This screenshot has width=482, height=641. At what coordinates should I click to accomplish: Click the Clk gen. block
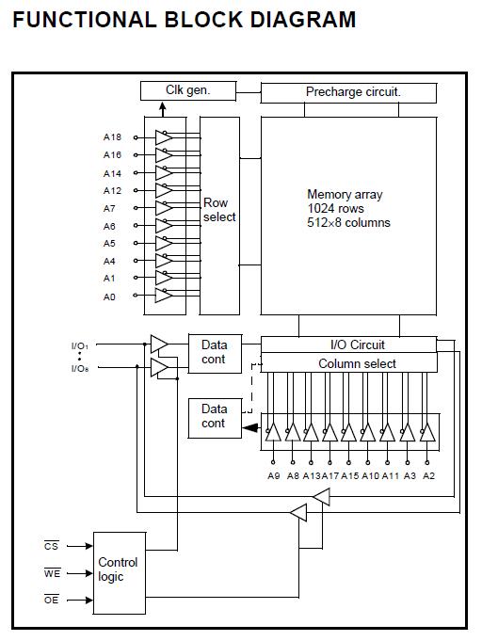pyautogui.click(x=187, y=90)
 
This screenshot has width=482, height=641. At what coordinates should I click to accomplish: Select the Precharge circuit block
pyautogui.click(x=348, y=92)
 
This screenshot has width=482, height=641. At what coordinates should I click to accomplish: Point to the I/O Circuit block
pyautogui.click(x=348, y=345)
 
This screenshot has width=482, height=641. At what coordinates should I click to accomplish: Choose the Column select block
pyautogui.click(x=348, y=363)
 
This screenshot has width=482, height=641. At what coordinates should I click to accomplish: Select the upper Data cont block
pyautogui.click(x=214, y=352)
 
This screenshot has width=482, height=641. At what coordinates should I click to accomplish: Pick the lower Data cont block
pyautogui.click(x=214, y=416)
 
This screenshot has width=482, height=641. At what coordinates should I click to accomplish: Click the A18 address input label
pyautogui.click(x=112, y=137)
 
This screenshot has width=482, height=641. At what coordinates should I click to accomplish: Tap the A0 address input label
pyautogui.click(x=110, y=296)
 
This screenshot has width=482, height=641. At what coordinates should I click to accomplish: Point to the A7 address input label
pyautogui.click(x=110, y=208)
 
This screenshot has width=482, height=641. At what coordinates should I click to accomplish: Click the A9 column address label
pyautogui.click(x=274, y=475)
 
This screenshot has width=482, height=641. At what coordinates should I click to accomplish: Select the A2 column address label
pyautogui.click(x=428, y=475)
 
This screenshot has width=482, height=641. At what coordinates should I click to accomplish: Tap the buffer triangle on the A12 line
pyautogui.click(x=163, y=190)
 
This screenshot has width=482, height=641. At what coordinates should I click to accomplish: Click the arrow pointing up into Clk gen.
pyautogui.click(x=149, y=107)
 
